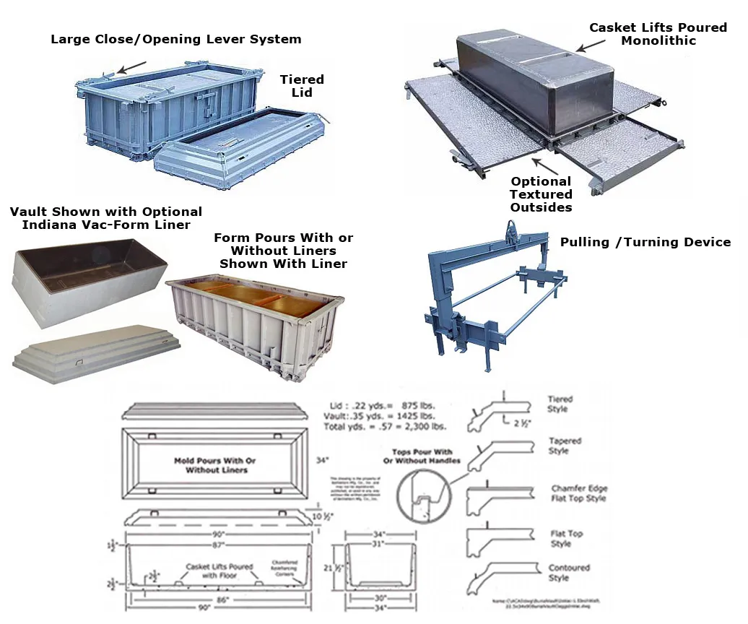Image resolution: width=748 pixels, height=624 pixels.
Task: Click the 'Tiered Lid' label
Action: pyautogui.click(x=302, y=86)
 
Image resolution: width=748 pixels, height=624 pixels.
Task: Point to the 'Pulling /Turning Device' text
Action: pyautogui.click(x=645, y=242)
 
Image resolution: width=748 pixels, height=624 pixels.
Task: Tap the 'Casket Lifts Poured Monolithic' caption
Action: pyautogui.click(x=658, y=34)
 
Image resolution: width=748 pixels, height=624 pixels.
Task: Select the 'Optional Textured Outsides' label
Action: pyautogui.click(x=541, y=194)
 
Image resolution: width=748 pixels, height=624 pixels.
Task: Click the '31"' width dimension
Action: pyautogui.click(x=376, y=543)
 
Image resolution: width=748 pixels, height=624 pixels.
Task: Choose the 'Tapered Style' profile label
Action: pyautogui.click(x=564, y=446)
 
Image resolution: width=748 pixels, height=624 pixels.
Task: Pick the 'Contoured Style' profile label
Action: pyautogui.click(x=569, y=573)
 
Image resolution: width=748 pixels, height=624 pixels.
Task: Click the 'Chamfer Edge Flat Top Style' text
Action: pyautogui.click(x=578, y=493)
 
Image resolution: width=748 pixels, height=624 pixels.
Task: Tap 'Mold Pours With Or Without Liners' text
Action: pyautogui.click(x=214, y=465)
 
